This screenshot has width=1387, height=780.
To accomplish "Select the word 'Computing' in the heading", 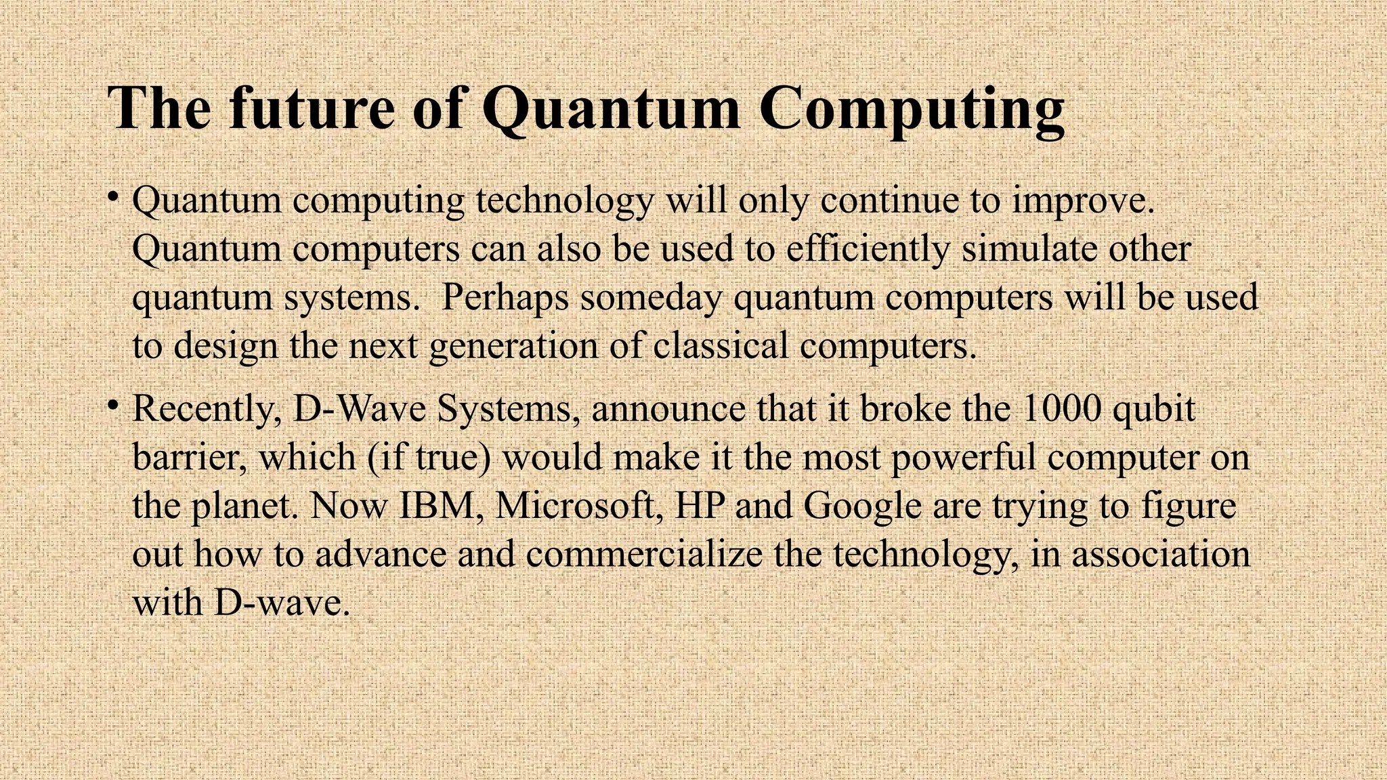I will tap(911, 110).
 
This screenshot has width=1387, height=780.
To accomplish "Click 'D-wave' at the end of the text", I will tap(281, 603).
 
